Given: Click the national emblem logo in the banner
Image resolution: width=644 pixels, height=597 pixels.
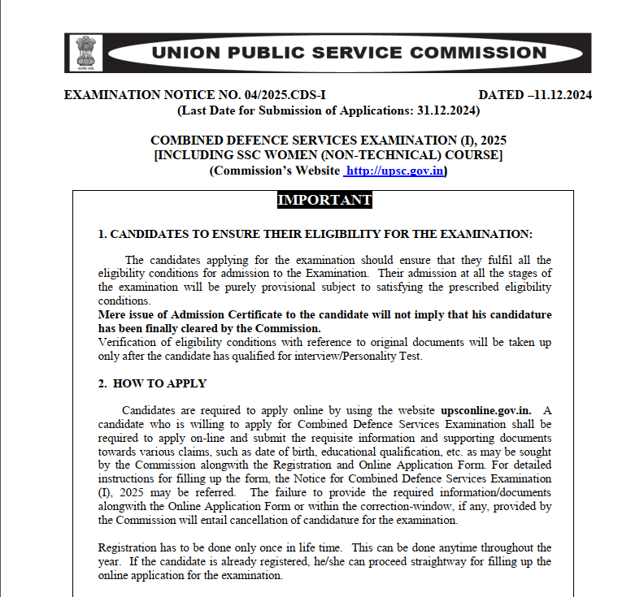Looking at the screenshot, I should tap(85, 53).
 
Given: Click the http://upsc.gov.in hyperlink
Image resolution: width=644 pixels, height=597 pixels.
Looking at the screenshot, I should tap(394, 171).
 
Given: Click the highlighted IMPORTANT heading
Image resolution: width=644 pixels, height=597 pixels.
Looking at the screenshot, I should tap(324, 200).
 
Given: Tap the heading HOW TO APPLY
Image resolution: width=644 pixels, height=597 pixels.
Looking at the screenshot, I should tap(159, 383).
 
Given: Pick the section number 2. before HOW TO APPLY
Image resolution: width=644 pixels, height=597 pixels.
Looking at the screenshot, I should tap(102, 383).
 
